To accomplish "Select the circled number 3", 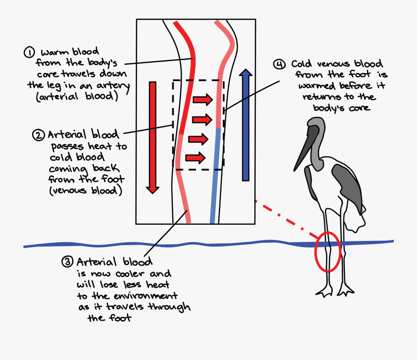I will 67,262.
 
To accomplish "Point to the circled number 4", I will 279,64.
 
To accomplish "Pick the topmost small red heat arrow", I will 203,99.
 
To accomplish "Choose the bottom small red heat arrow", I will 195,158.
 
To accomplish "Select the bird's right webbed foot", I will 345,291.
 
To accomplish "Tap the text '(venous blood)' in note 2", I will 85,190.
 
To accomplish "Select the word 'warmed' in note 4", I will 317,86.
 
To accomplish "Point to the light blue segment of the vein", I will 215,176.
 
